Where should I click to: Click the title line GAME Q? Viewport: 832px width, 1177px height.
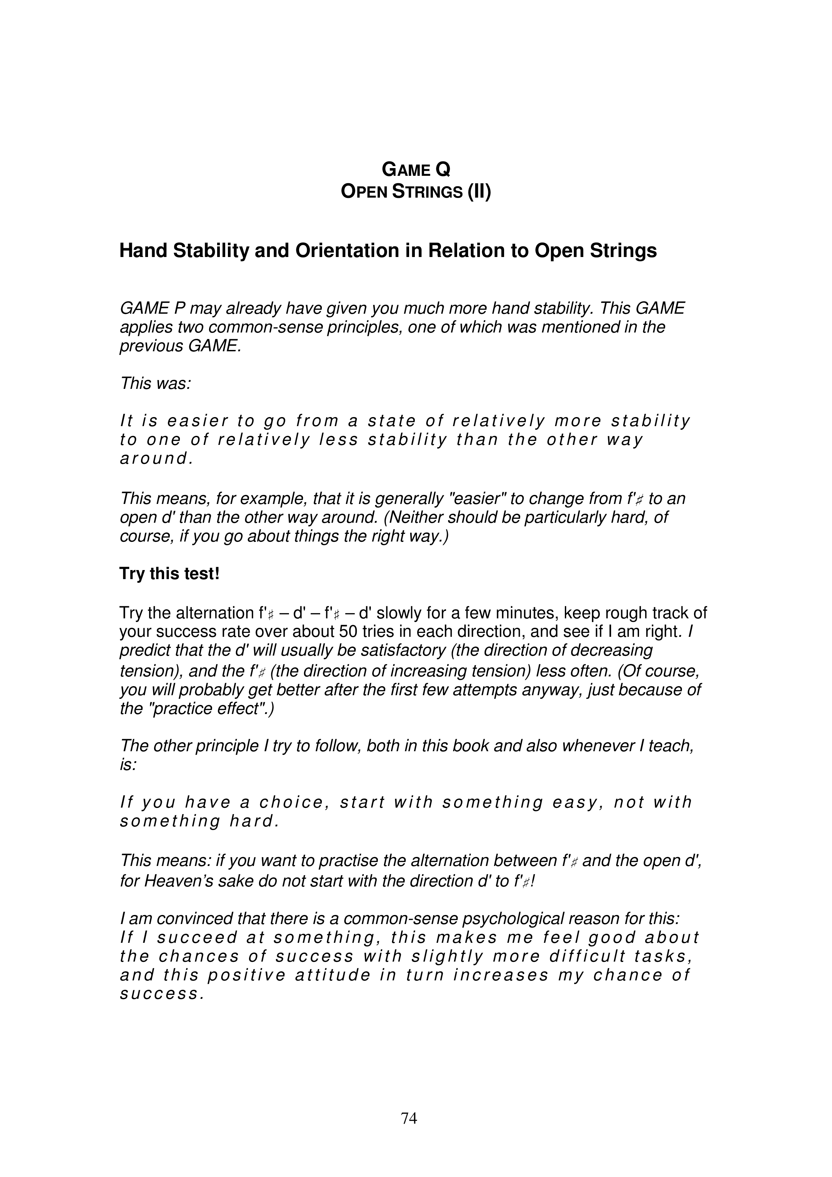coord(416,169)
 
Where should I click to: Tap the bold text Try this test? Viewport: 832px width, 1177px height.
coord(169,574)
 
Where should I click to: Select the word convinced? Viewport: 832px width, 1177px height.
coord(180,918)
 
